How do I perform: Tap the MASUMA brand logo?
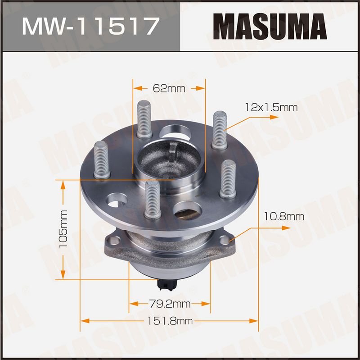point(270,27)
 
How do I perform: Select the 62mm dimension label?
point(169,88)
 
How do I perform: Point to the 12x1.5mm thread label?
point(271,108)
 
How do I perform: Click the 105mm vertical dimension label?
point(63,229)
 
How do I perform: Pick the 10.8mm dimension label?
point(284,217)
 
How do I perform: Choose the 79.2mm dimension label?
point(170,304)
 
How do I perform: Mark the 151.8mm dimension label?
point(170,321)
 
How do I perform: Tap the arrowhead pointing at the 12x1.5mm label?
point(274,117)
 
